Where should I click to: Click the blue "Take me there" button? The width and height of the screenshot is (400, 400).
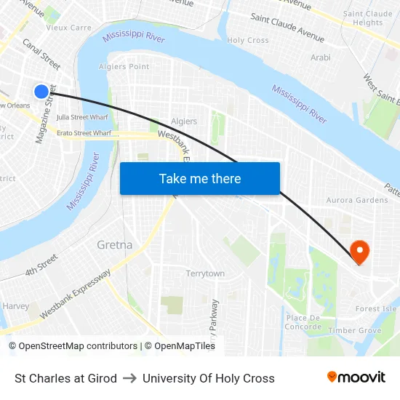[x=199, y=178]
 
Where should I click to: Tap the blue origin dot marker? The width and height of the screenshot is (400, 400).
[x=41, y=91]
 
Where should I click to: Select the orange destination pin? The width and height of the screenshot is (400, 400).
[x=359, y=252]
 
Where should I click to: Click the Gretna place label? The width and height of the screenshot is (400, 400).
[x=115, y=245]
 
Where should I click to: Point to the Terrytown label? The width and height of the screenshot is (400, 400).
[x=205, y=273]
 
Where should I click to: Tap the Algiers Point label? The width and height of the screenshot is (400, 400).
[x=129, y=67]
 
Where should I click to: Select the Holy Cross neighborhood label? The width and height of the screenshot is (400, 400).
[x=247, y=41]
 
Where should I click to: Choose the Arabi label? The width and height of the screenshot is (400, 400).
[x=321, y=57]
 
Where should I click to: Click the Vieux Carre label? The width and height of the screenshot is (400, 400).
[x=68, y=28]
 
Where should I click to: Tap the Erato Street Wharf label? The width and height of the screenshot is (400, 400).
[x=84, y=133]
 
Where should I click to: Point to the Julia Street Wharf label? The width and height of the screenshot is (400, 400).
[x=82, y=116]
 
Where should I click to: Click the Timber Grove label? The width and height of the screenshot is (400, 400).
[x=354, y=331]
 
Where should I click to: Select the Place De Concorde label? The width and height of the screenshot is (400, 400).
[x=304, y=322]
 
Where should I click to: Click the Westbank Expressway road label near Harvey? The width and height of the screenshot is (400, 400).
[x=76, y=294]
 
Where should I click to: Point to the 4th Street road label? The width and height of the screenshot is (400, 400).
[x=41, y=265]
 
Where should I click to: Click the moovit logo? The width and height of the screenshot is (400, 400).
[x=356, y=377]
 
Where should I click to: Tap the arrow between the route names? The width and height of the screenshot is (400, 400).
[x=129, y=378]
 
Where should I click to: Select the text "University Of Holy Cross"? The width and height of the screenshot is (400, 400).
[x=209, y=378]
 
